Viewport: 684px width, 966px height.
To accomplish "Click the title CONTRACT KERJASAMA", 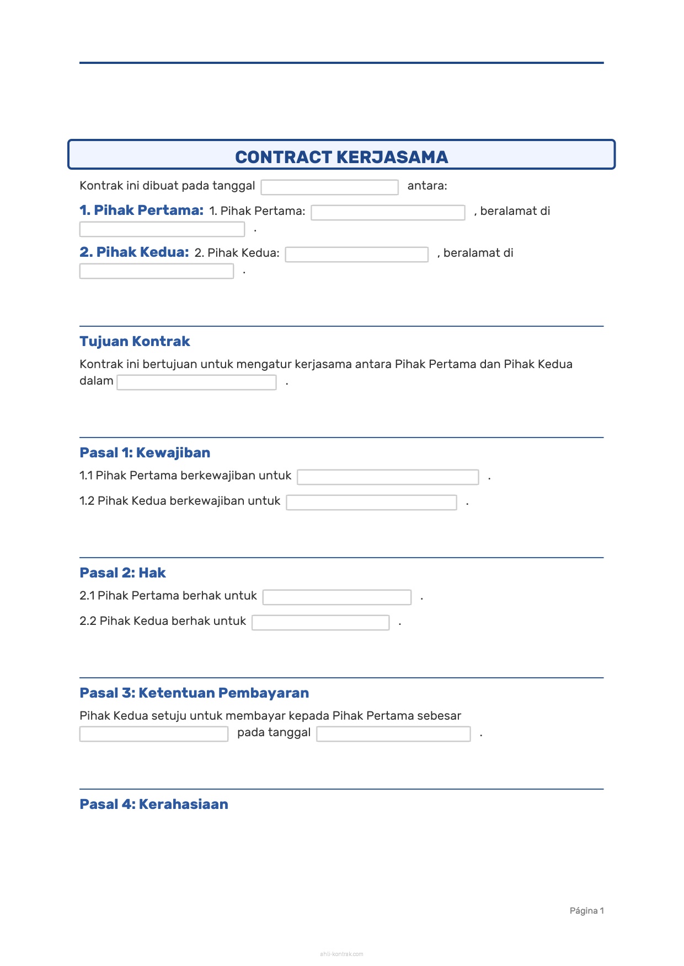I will (x=341, y=157).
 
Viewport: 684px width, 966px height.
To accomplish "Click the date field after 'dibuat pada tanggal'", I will (x=329, y=187).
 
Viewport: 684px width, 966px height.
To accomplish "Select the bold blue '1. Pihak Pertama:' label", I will (x=141, y=211).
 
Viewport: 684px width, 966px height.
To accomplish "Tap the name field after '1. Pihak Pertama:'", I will (x=388, y=213).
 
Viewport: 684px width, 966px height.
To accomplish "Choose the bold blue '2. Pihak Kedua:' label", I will (x=134, y=252).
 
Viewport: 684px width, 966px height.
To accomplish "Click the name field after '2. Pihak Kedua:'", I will (x=356, y=255).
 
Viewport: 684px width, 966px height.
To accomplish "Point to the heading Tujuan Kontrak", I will (x=135, y=342).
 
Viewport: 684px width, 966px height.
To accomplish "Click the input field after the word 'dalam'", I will (x=196, y=382).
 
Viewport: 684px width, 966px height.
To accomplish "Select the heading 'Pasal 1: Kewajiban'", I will (x=145, y=453).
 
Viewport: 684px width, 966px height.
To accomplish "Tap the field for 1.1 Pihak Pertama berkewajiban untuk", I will (x=388, y=477).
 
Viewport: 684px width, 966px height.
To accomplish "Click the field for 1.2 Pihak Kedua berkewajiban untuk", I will (x=371, y=503).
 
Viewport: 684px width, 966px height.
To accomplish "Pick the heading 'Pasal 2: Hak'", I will (x=122, y=573).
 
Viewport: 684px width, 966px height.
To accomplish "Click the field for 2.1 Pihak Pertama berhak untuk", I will (x=336, y=597).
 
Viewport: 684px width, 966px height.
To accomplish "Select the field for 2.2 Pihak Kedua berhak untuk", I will (x=320, y=623).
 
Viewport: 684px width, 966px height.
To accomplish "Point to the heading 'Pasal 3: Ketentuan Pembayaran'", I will (x=194, y=693).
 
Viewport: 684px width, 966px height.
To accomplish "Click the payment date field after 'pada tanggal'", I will (x=393, y=734).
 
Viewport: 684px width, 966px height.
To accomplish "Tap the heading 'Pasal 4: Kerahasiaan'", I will (x=154, y=805).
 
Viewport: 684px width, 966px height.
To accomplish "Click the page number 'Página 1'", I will (x=586, y=911).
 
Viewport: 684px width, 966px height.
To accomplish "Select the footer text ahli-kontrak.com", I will (x=341, y=954).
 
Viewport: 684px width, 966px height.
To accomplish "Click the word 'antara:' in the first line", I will (x=427, y=186).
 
